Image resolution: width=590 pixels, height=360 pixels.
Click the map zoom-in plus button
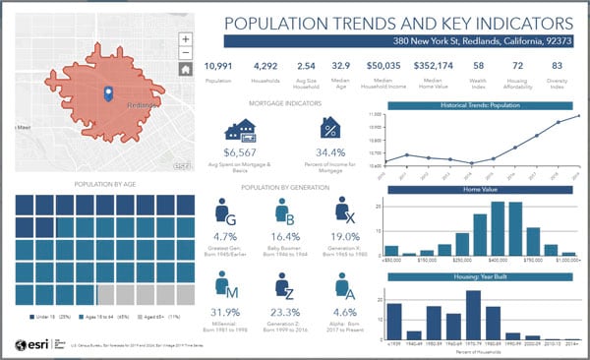click(x=185, y=39)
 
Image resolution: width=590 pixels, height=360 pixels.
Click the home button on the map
click(x=185, y=69)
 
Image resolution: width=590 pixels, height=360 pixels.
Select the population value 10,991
click(x=218, y=66)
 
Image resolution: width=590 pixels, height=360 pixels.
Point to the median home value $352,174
click(x=434, y=66)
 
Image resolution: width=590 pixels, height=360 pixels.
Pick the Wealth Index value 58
click(x=478, y=66)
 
